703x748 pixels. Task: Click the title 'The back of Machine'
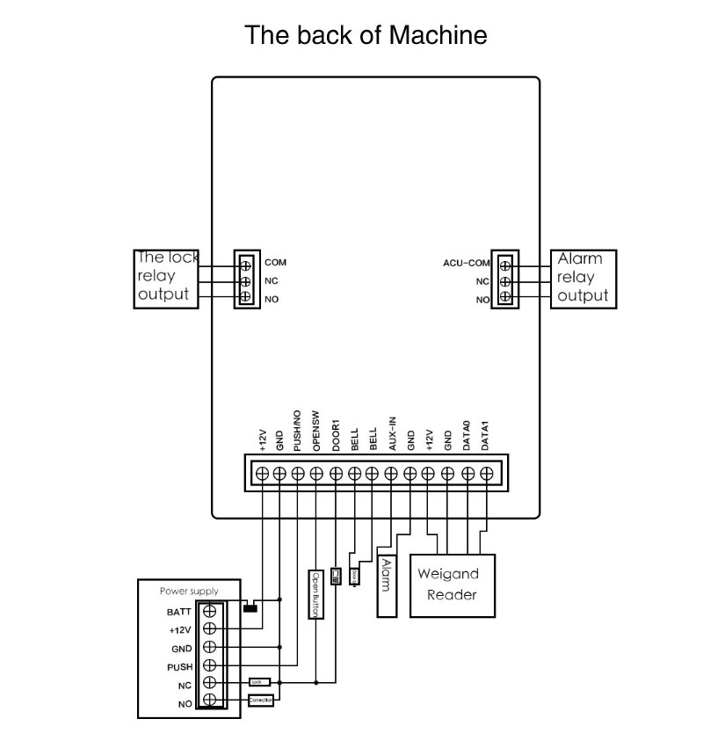[366, 36]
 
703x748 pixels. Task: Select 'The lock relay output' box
[165, 279]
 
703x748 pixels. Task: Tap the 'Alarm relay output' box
[583, 279]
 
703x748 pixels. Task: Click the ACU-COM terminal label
[466, 262]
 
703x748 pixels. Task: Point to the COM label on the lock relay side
[275, 262]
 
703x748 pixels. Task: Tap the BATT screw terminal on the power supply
[210, 611]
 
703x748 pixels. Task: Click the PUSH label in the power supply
[180, 667]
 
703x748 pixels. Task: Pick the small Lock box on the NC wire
[258, 681]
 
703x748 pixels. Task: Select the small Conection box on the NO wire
[261, 701]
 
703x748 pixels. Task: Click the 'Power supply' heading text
[189, 592]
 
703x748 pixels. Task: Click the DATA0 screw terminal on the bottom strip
[467, 474]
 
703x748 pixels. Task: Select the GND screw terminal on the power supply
[210, 648]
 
